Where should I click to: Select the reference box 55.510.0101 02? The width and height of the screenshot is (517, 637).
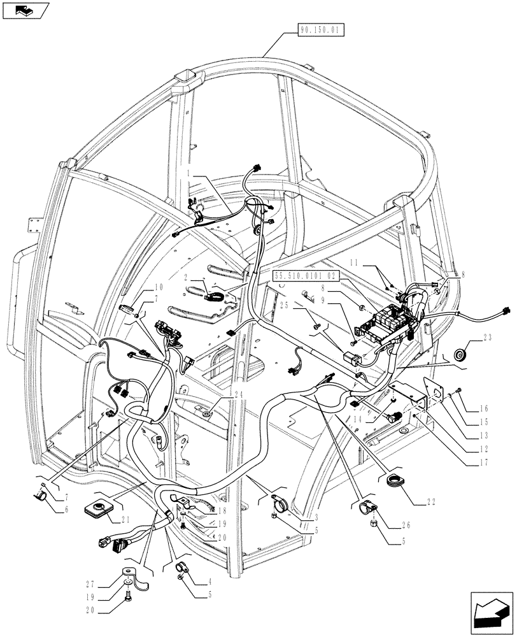305,276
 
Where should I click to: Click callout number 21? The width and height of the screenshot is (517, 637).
125,519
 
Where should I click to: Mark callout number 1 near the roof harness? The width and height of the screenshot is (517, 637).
190,173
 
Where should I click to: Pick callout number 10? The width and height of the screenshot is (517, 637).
158,287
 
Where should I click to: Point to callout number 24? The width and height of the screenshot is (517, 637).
221,393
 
